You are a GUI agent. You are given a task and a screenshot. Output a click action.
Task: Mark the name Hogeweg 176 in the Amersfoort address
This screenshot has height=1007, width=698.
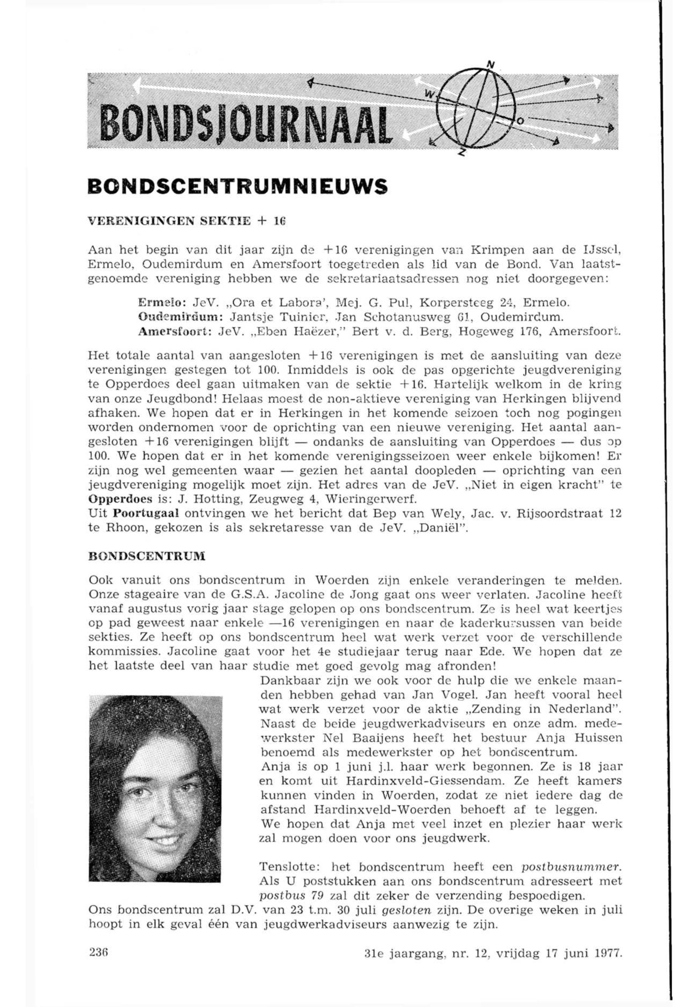pos(498,331)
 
